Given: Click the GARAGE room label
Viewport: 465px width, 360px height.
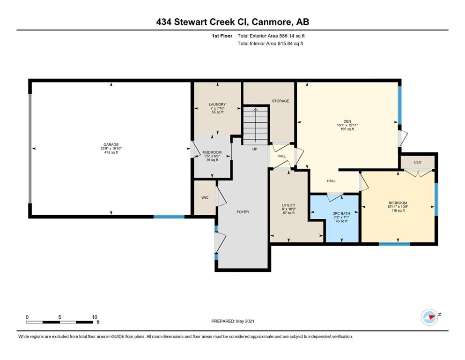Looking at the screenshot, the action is click(111, 145).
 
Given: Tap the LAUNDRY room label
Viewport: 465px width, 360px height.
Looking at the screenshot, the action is click(217, 105).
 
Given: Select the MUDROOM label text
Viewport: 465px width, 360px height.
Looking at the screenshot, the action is click(212, 152).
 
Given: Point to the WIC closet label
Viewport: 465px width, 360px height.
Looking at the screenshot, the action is click(205, 198).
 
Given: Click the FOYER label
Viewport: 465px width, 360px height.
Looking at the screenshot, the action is click(243, 212).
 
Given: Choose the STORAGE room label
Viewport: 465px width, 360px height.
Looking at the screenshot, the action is click(280, 101).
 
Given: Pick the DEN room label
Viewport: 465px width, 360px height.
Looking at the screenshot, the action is click(347, 121).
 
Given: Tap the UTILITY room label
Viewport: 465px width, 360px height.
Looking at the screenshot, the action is click(288, 205).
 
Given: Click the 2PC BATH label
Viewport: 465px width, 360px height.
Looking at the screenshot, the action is click(341, 213).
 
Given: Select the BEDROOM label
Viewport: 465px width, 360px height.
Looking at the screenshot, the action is click(398, 203).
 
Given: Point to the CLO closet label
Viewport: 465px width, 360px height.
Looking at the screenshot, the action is click(418, 162).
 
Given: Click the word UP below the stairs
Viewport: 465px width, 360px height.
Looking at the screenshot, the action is click(255, 149).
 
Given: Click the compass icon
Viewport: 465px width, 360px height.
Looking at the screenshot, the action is click(429, 317).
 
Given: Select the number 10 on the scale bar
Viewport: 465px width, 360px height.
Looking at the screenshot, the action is click(94, 317).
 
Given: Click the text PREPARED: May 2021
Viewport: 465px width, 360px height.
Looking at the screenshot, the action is click(232, 321).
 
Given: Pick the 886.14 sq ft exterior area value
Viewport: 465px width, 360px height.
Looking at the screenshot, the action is click(292, 36).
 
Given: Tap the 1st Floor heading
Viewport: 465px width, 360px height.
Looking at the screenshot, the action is click(222, 36).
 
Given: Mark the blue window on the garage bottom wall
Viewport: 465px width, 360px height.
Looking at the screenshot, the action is click(169, 217).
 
